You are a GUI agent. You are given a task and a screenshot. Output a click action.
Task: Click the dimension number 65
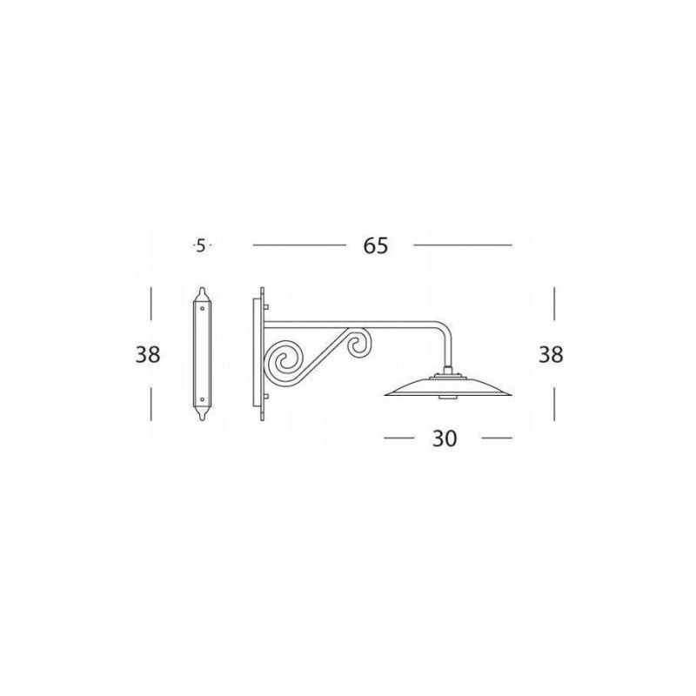click(375, 246)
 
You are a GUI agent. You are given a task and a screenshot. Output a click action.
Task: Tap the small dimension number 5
click(201, 246)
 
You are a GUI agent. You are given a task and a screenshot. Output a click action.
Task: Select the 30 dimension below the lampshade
click(445, 439)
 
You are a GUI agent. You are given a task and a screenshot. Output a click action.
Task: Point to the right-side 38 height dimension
click(551, 355)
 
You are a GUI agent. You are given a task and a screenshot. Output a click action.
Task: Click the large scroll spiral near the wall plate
click(284, 359)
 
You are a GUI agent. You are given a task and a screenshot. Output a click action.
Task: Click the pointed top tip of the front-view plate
click(203, 288)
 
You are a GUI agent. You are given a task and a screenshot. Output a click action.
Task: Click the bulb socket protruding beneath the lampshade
click(448, 398)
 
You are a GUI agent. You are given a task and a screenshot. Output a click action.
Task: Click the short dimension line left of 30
click(398, 438)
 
